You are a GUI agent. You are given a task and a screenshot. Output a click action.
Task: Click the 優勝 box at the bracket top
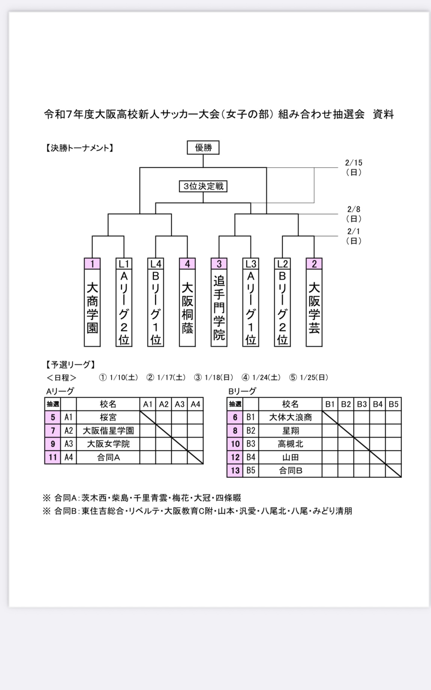203,148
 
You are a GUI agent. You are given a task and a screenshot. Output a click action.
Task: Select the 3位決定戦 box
203,186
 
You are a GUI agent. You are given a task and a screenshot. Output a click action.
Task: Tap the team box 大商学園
92,307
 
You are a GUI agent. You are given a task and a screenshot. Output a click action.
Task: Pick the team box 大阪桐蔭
187,307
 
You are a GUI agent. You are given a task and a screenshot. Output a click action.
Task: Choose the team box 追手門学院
219,307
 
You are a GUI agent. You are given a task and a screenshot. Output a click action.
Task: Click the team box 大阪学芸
314,307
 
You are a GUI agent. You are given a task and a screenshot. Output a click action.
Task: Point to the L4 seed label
156,264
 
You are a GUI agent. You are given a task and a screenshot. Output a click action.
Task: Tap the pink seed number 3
219,264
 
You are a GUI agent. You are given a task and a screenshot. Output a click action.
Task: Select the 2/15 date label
354,167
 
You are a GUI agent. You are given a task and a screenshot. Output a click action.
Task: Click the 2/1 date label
353,236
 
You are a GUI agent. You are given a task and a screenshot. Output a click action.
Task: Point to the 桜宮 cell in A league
108,417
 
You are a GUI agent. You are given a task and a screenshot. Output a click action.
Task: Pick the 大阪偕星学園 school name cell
108,430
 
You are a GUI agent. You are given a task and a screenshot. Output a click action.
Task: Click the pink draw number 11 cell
53,457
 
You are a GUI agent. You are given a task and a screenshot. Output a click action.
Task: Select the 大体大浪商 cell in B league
290,417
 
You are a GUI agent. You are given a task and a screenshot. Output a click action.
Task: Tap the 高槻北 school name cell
290,444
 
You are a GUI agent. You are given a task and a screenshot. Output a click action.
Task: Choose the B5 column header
394,404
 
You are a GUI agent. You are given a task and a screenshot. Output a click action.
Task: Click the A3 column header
180,404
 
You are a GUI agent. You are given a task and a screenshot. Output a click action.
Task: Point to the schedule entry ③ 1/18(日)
214,378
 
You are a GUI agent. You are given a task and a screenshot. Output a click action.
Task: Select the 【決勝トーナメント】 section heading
79,148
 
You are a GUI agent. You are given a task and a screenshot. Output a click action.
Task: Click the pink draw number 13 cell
235,471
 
